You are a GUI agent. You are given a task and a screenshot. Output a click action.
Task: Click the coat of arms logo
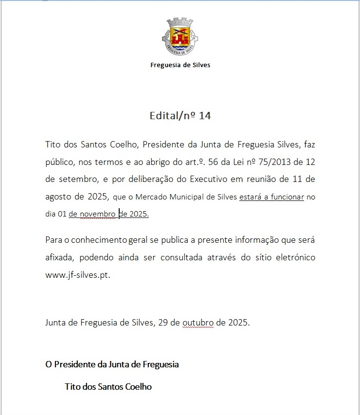tap(180, 36)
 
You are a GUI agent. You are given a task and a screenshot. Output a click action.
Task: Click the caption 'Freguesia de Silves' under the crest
tap(180, 65)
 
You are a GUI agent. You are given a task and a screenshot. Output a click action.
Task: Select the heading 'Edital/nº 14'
tap(180, 116)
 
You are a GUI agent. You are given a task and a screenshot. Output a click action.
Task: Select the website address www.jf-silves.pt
tap(78, 275)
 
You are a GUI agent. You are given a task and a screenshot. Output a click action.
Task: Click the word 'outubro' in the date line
tap(198, 322)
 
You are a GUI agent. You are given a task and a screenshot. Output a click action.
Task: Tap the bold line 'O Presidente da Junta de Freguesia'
tap(112, 364)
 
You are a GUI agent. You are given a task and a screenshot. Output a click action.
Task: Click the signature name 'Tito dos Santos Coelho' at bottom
tap(108, 387)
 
